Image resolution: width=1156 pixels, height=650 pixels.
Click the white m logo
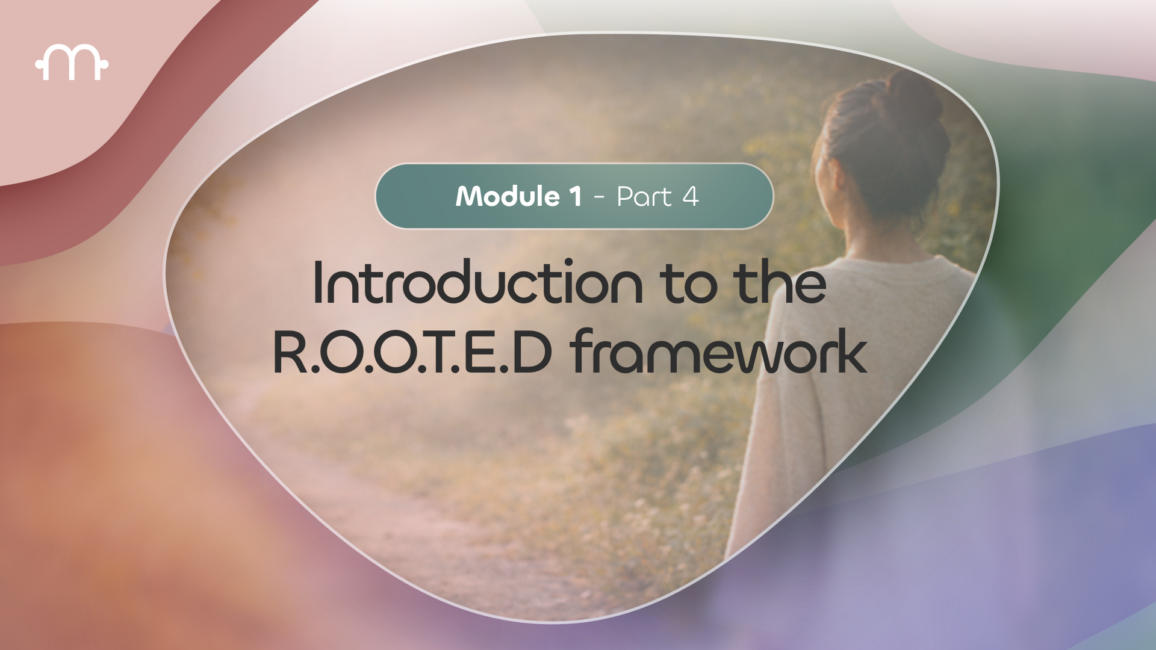(72, 62)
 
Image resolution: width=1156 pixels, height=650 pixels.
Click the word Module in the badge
(508, 196)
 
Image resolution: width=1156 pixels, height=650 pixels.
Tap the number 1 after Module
(574, 196)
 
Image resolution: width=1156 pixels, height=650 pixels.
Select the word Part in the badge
(644, 196)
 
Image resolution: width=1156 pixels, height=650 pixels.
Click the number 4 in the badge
(690, 196)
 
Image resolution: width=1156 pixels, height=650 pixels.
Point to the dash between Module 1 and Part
(598, 197)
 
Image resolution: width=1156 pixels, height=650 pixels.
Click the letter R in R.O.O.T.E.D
(291, 352)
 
